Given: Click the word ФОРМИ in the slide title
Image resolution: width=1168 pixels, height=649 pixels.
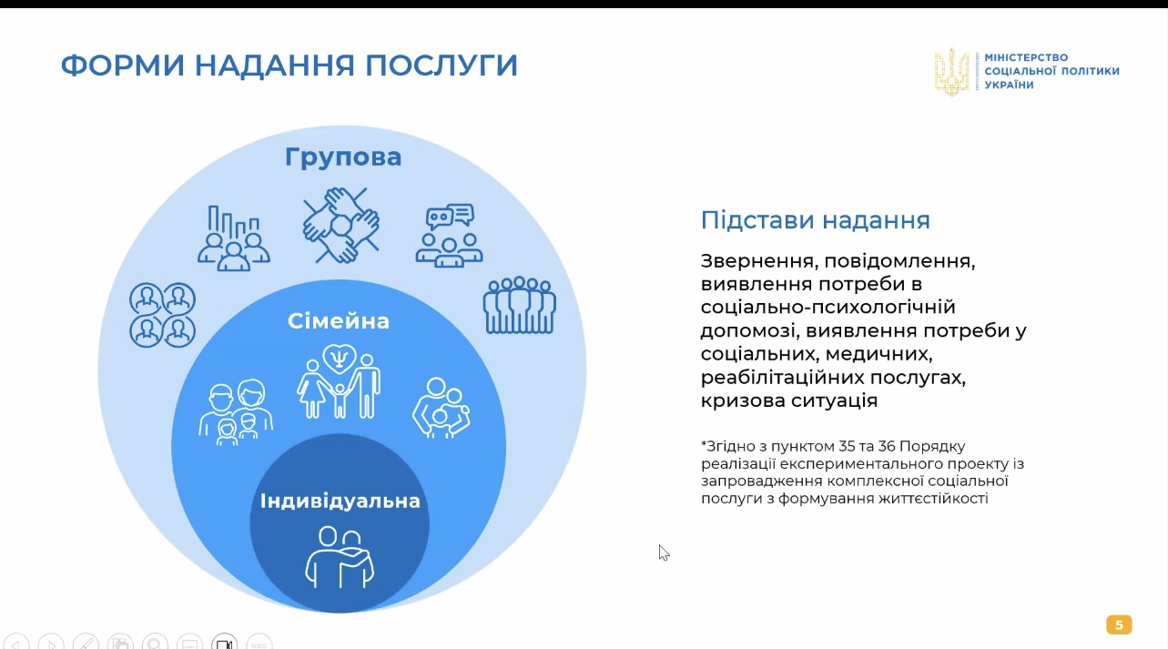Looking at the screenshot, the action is tap(123, 66).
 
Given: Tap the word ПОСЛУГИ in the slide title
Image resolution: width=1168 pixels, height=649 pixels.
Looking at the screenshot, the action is tap(442, 66).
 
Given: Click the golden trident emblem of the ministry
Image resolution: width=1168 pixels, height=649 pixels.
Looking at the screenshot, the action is tap(951, 72).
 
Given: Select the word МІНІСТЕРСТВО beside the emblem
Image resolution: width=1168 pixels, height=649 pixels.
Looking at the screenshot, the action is tap(1026, 57).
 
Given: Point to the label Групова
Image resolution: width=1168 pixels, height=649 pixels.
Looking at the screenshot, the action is tap(343, 157).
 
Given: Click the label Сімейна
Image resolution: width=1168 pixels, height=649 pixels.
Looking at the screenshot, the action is tap(339, 321).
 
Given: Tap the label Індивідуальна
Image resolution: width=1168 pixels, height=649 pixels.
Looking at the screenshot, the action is tap(340, 501).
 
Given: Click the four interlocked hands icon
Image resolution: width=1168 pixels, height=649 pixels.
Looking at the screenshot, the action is tap(341, 225).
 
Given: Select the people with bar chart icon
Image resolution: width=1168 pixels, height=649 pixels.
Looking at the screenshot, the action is tap(233, 238).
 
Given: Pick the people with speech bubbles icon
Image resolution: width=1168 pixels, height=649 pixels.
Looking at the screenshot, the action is tap(449, 235).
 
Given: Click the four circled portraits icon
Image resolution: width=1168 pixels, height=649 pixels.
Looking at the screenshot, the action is tap(162, 315).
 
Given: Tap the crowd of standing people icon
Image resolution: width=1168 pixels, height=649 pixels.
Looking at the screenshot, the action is tap(519, 305).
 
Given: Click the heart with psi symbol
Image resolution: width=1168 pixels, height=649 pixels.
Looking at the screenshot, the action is tap(340, 358).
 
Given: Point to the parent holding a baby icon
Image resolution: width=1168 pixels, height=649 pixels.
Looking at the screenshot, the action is tap(442, 408).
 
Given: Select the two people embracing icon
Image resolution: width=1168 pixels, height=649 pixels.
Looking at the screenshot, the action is tap(340, 557).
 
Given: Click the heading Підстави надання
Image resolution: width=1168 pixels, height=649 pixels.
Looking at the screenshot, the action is tap(815, 220).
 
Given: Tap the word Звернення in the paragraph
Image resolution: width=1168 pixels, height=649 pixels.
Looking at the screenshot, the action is tap(759, 260).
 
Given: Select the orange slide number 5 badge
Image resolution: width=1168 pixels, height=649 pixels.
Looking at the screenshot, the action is tap(1119, 624).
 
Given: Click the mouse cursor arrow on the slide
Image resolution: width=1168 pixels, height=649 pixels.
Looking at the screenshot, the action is tap(664, 553).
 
